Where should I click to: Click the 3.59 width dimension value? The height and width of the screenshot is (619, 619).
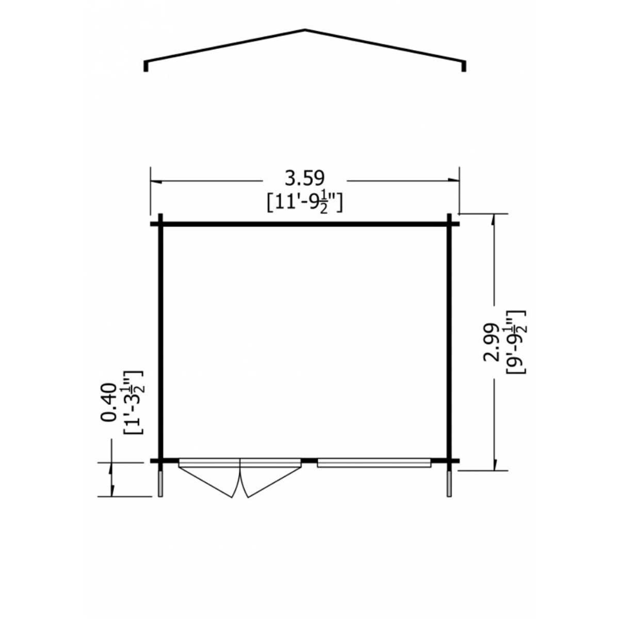305,178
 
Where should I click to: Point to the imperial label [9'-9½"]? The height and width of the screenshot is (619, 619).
515,342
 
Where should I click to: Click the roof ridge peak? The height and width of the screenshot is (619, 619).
304,30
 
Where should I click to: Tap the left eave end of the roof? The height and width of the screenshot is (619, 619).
146,66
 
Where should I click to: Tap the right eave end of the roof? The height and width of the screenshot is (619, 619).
464,66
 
